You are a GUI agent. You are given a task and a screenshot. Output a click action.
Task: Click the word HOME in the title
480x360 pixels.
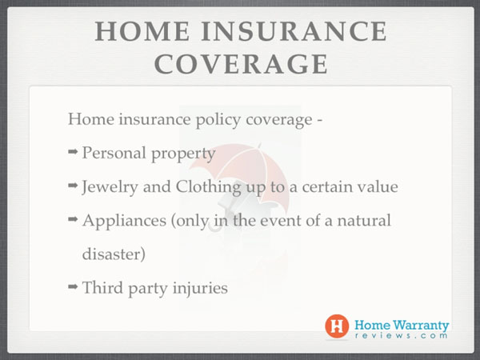point(142,31)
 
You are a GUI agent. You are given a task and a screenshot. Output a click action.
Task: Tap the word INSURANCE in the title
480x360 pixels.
point(294,31)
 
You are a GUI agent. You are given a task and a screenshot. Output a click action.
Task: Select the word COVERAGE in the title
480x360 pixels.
point(241,64)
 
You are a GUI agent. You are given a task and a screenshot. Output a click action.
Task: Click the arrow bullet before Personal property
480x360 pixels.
point(73,151)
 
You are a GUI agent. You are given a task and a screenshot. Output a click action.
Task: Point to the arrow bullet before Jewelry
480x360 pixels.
point(73,186)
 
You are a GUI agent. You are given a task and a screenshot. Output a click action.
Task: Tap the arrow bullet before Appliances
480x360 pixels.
point(73,219)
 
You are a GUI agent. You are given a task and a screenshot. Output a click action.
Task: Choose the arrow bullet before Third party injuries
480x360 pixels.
point(73,286)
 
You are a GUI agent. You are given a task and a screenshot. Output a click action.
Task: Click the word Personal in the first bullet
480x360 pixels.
point(114,153)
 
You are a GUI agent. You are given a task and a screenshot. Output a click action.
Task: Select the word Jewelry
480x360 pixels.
point(110,187)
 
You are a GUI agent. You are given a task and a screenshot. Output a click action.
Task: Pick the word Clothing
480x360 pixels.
point(208,187)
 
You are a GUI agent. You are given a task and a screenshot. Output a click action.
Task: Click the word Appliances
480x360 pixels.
point(124,221)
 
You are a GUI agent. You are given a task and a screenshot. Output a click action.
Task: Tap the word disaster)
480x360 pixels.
point(114,254)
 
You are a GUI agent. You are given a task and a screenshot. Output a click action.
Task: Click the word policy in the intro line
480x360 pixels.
point(218,120)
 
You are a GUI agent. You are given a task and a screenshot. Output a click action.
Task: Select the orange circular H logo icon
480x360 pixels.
point(337,326)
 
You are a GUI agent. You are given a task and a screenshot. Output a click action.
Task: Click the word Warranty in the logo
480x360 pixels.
point(421,325)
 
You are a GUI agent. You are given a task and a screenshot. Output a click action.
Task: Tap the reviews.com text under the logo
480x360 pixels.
point(401,335)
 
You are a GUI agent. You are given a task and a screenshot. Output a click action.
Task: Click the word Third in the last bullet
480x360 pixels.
point(102,288)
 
